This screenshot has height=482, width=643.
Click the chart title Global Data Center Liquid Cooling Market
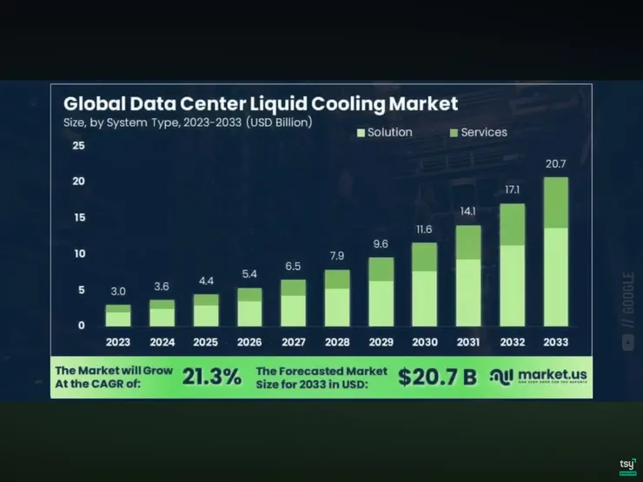click(261, 104)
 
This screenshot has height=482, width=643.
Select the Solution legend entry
click(384, 132)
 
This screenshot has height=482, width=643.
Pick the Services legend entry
click(478, 132)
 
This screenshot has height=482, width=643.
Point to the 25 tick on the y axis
click(78, 145)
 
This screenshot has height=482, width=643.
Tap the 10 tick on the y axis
click(78, 254)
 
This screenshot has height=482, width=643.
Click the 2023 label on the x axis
click(118, 342)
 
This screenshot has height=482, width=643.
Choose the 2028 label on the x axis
click(336, 342)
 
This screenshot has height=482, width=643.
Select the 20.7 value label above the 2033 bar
click(556, 164)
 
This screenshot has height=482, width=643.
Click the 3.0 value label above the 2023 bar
click(118, 292)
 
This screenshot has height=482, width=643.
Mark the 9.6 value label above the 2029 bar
click(381, 244)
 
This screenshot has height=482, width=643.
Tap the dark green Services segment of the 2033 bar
click(556, 202)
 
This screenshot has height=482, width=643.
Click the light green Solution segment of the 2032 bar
click(512, 285)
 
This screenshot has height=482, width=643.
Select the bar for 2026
click(249, 307)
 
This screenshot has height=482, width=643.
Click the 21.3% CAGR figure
click(212, 376)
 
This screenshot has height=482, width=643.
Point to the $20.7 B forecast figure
click(436, 376)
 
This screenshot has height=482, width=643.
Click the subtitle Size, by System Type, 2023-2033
click(188, 122)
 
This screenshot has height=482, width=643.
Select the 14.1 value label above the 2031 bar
click(468, 211)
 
